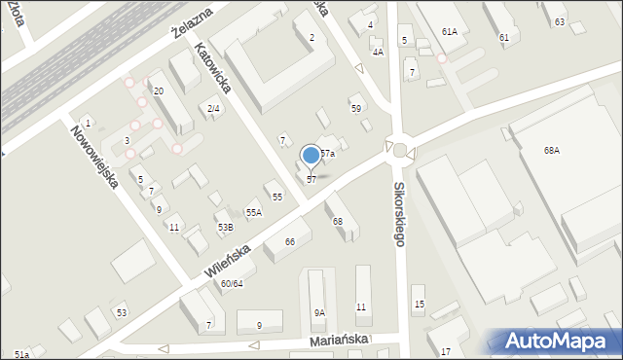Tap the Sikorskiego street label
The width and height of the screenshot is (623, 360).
click(x=399, y=214)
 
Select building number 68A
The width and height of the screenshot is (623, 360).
click(x=552, y=150)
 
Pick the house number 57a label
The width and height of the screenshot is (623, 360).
click(x=328, y=154)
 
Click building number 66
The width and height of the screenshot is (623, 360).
click(x=289, y=241)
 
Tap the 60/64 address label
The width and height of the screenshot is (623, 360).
click(x=232, y=284)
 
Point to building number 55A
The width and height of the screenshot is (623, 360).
click(x=253, y=212)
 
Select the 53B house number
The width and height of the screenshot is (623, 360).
click(x=225, y=227)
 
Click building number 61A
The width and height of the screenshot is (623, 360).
click(x=449, y=32)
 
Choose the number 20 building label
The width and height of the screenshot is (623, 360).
click(x=158, y=90)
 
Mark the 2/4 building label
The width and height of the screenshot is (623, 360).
click(x=212, y=108)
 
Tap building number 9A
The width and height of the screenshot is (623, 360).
click(x=319, y=312)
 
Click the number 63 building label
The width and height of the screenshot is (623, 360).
click(x=559, y=21)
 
